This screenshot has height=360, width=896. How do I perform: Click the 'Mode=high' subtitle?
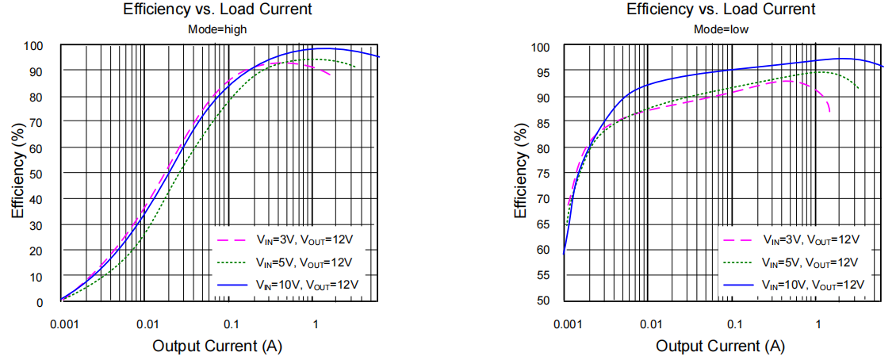pos(217,29)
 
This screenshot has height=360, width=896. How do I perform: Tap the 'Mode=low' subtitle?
pos(721,29)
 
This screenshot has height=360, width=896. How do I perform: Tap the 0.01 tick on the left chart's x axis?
pos(146,324)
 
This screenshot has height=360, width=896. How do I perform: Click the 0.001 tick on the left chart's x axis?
pos(61,324)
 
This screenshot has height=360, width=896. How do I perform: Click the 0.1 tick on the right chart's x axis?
pos(733,324)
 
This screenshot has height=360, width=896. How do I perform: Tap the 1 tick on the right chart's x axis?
pos(818,324)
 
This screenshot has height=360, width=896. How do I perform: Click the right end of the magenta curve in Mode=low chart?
pos(830,112)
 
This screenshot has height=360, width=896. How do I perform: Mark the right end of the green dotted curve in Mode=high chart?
pos(354,68)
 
